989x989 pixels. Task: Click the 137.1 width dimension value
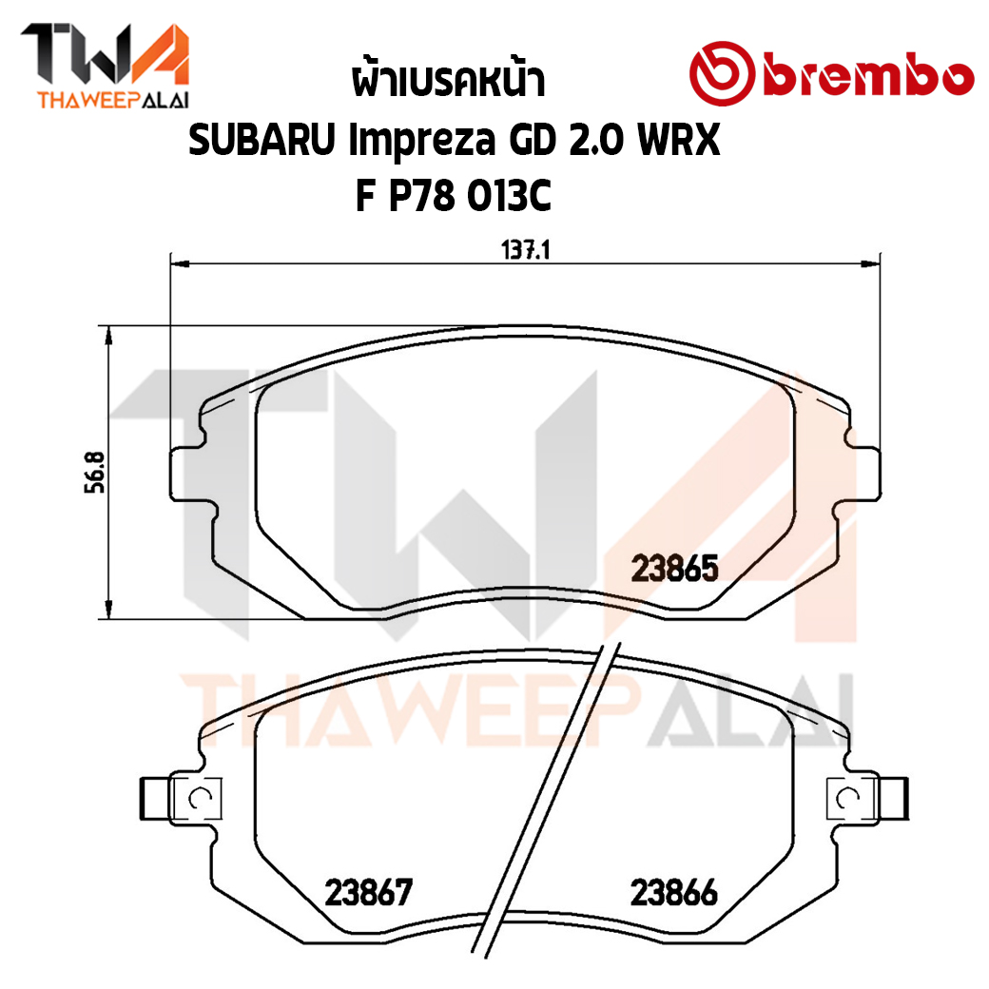pyautogui.click(x=525, y=250)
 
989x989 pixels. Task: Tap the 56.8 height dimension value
pyautogui.click(x=95, y=473)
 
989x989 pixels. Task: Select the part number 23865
pyautogui.click(x=674, y=569)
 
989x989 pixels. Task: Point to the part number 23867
pyautogui.click(x=368, y=893)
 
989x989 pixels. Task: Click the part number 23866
pyautogui.click(x=673, y=893)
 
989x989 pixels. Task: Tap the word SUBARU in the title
pyautogui.click(x=262, y=140)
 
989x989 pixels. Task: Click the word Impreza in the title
pyautogui.click(x=422, y=142)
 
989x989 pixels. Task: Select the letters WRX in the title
pyautogui.click(x=679, y=140)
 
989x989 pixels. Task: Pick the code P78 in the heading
pyautogui.click(x=421, y=195)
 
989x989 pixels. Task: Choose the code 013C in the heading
pyautogui.click(x=509, y=195)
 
